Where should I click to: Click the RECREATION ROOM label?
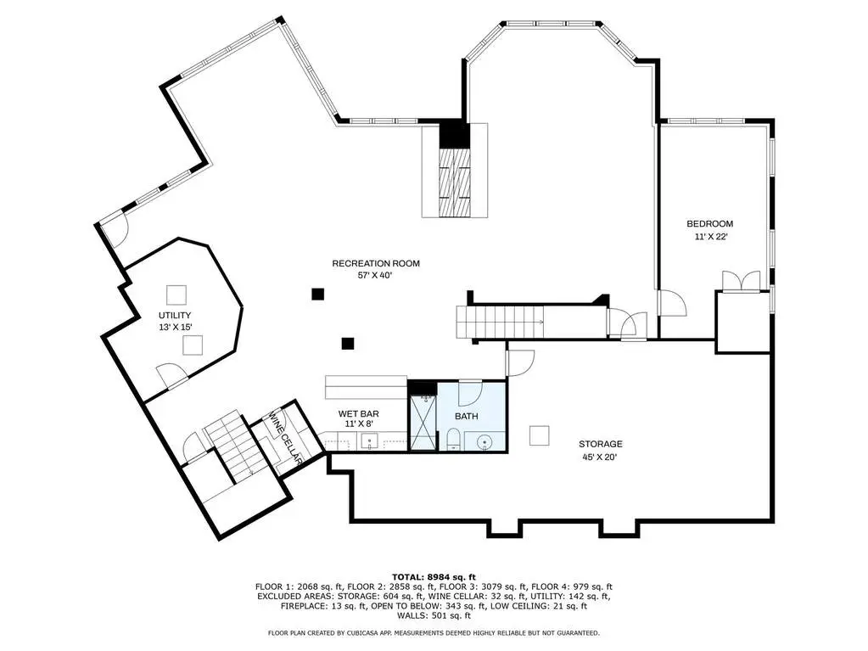(376, 263)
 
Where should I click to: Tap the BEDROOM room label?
(709, 223)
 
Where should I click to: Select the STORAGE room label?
(601, 444)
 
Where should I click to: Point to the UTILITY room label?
(175, 316)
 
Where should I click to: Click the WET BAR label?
(359, 413)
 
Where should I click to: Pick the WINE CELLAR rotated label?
(285, 437)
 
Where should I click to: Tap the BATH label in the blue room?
(467, 416)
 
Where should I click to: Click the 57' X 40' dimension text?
(375, 275)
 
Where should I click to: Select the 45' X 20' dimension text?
(600, 457)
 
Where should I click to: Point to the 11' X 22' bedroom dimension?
(711, 236)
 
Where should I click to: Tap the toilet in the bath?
(452, 440)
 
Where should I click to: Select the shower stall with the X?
(423, 423)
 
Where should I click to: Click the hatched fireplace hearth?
(454, 182)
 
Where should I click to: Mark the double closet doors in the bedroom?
(742, 281)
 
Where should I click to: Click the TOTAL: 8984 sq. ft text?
(434, 577)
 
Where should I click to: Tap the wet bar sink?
(369, 441)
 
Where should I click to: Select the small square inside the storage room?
(539, 435)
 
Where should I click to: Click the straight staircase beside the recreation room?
(500, 322)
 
